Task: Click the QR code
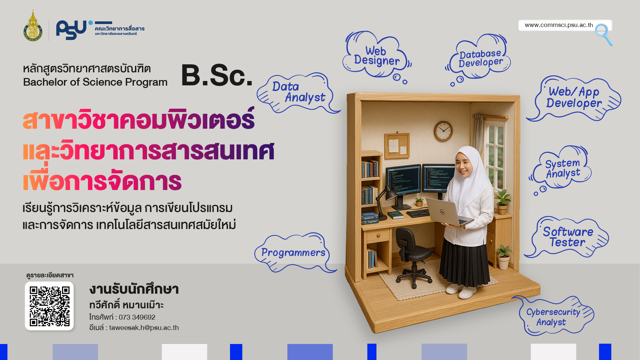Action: coord(49,306)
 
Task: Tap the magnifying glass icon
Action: coord(604,34)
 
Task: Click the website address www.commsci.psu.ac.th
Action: coord(559,25)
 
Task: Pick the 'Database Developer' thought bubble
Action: coord(479,58)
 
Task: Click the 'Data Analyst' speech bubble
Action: coord(297,93)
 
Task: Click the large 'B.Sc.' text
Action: coord(217,76)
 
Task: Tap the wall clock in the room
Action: coord(443,131)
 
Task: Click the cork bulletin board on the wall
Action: coord(397,146)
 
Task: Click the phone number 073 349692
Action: coord(137,317)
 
